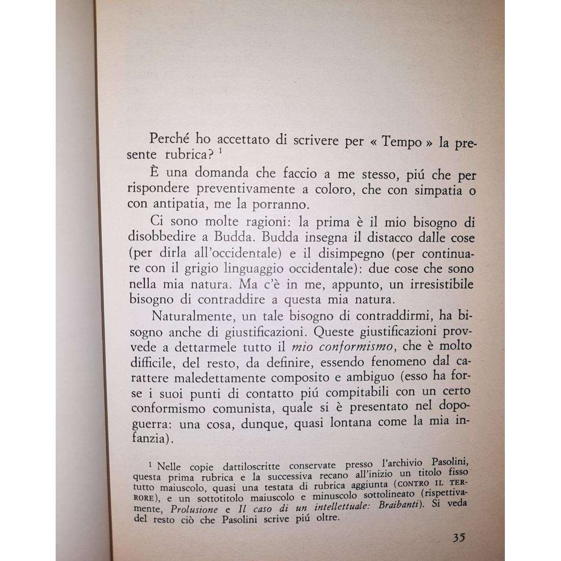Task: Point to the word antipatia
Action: click(x=178, y=204)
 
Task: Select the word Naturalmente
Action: click(x=191, y=316)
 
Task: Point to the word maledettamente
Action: click(x=216, y=377)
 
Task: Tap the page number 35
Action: click(x=459, y=537)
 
